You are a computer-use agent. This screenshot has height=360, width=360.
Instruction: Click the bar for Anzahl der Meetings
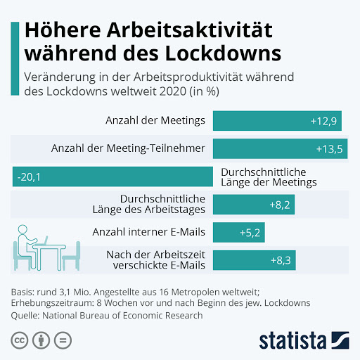(x=277, y=121)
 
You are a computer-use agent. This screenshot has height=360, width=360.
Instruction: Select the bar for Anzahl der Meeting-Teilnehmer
(x=280, y=148)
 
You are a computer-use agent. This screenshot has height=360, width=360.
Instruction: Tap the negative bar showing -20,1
(x=112, y=176)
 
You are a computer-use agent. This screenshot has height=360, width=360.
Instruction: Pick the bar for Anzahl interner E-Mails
(x=239, y=232)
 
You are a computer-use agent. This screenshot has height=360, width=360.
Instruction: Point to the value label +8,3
(x=281, y=260)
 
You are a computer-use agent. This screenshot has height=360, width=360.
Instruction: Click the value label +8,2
(x=280, y=205)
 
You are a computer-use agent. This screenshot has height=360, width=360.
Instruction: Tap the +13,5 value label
(x=329, y=149)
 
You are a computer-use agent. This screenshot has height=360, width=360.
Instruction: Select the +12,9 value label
(x=323, y=121)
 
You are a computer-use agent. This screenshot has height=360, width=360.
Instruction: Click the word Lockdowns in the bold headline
(x=223, y=53)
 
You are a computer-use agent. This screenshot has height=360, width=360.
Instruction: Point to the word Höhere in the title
(x=63, y=30)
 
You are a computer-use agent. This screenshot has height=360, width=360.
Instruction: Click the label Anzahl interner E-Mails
(x=149, y=232)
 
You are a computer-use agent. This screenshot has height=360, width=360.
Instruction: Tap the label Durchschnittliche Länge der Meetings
(x=269, y=177)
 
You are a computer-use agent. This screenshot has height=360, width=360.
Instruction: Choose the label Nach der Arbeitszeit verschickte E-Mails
(x=156, y=260)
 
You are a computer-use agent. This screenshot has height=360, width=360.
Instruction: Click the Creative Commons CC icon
(x=20, y=340)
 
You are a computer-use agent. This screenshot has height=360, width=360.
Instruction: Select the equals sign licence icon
(x=63, y=340)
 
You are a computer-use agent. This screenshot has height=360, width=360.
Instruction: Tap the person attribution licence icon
(x=41, y=340)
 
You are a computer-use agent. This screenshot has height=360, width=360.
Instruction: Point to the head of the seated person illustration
(x=22, y=229)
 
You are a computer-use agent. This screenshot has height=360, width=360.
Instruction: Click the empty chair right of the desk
(x=72, y=256)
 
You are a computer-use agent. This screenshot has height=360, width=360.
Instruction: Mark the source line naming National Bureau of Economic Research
(x=107, y=316)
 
